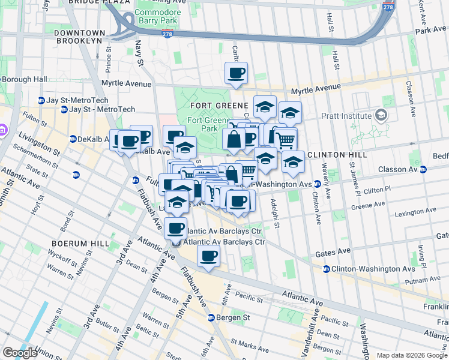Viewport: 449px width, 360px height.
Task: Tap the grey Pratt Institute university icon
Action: click(380, 114)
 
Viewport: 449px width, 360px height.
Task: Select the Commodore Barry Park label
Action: click(157, 16)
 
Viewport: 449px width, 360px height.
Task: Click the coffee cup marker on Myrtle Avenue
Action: click(236, 74)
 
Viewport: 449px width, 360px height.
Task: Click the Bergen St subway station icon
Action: click(211, 317)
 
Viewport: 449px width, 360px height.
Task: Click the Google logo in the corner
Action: click(20, 353)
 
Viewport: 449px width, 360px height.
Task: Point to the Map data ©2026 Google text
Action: click(412, 355)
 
